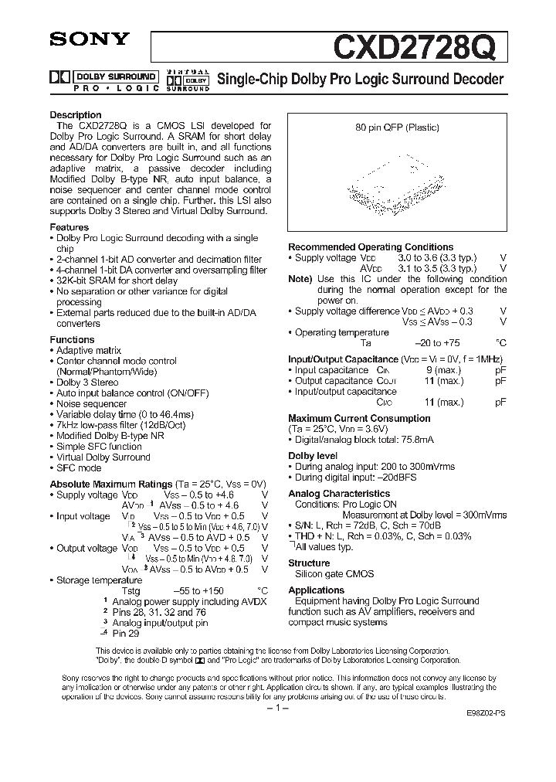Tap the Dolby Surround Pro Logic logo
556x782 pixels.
click(103, 80)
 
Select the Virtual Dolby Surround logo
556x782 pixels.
click(188, 80)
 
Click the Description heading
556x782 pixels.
click(76, 115)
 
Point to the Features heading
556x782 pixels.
click(69, 228)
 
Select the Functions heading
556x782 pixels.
click(73, 340)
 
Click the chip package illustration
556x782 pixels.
click(395, 184)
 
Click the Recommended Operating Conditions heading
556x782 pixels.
click(371, 247)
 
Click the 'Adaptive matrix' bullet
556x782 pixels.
click(89, 351)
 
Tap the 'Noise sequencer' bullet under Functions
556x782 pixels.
click(91, 404)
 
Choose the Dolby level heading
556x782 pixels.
click(313, 456)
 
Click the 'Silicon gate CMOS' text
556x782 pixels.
click(334, 574)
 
